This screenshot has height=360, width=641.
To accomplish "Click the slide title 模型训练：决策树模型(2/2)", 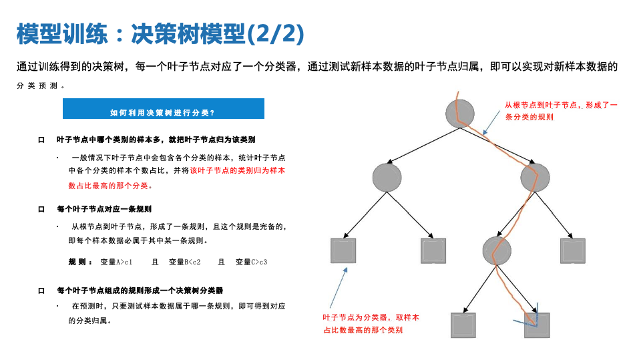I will click(160, 33).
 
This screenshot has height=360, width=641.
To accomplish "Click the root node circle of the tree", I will click(460, 113).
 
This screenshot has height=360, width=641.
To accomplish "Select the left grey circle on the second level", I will click(387, 176).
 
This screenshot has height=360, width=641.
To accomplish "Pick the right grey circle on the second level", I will click(535, 176).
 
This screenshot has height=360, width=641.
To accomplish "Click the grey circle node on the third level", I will click(497, 250).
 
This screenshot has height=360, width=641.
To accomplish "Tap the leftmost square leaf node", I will click(343, 250).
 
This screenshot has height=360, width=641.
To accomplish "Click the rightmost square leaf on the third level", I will click(573, 250).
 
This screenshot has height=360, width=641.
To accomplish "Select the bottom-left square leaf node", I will click(463, 325).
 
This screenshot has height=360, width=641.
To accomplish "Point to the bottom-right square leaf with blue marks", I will click(537, 325).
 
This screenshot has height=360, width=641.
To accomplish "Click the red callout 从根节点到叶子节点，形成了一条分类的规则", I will click(561, 111).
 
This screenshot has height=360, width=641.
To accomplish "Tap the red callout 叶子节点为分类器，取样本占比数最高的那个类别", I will click(371, 324).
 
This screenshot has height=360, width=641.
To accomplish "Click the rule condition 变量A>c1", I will click(116, 262).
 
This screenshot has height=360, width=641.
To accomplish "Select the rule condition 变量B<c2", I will click(185, 262).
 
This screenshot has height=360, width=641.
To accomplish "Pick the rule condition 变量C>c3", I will click(252, 262).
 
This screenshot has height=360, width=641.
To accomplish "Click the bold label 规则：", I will click(81, 262).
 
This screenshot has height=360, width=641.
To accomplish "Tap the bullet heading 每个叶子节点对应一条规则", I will click(105, 209).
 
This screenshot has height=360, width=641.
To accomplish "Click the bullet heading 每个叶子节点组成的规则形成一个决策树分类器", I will click(140, 291).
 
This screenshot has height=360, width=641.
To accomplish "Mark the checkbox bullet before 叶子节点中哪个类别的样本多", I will click(41, 140).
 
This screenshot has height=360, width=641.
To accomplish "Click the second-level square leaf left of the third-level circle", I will click(433, 250).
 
